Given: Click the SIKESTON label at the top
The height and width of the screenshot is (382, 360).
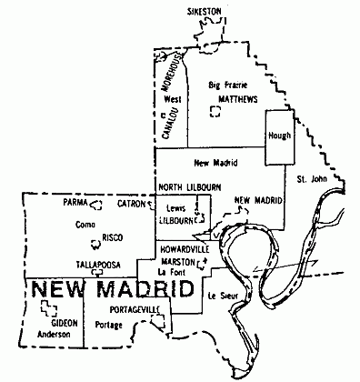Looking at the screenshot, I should [x=205, y=10].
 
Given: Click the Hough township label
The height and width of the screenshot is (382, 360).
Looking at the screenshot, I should [x=278, y=136].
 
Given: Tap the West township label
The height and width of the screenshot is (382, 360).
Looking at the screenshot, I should [x=174, y=98].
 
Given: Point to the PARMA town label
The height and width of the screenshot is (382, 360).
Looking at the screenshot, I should [x=75, y=205].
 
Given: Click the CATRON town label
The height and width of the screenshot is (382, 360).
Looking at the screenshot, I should [x=130, y=205].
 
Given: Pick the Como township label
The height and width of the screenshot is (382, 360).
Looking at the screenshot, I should [x=85, y=224].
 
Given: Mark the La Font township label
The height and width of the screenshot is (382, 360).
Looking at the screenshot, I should [x=171, y=271].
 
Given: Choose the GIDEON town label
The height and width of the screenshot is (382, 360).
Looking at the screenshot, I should [x=64, y=322].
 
